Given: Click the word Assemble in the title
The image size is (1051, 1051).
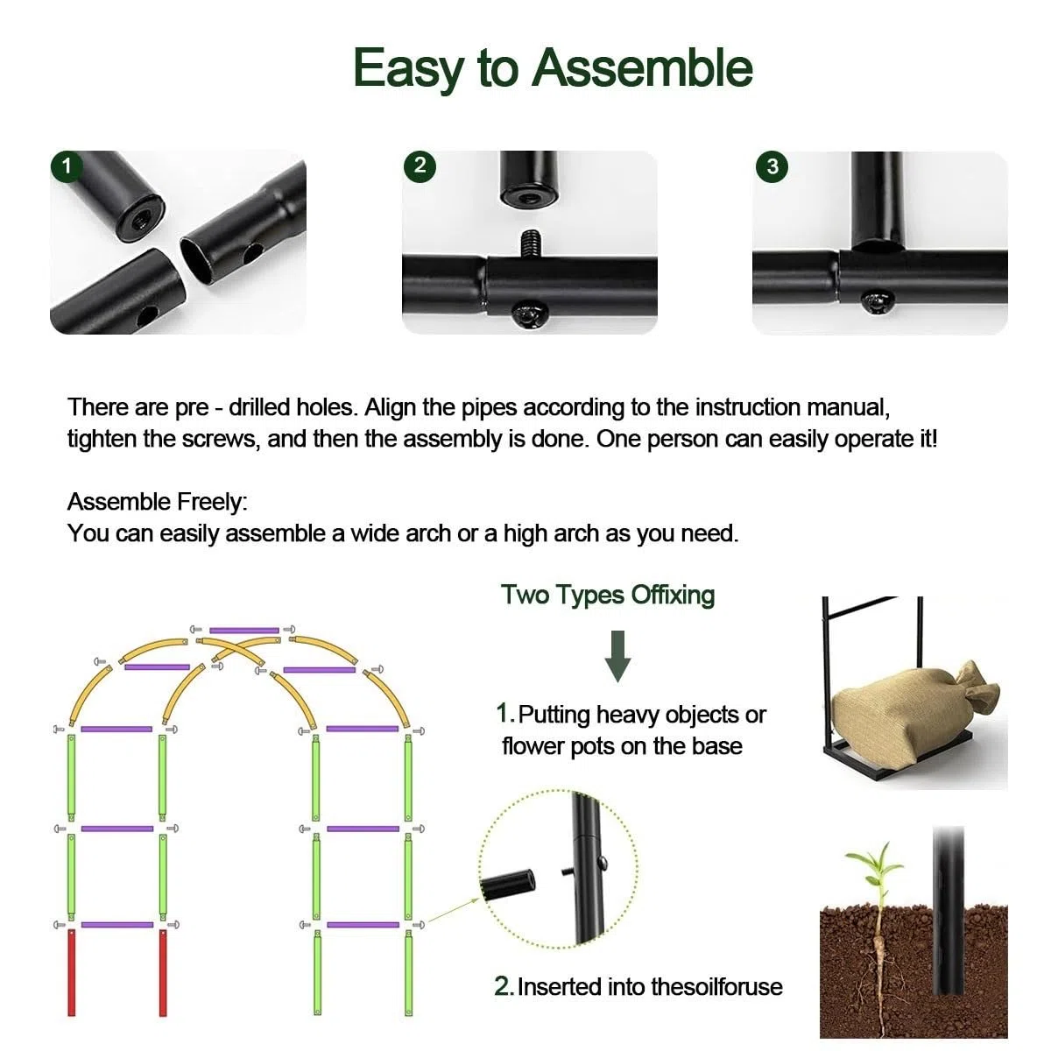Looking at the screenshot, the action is pyautogui.click(x=643, y=68).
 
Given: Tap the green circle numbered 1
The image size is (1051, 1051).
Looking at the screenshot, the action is pyautogui.click(x=67, y=166).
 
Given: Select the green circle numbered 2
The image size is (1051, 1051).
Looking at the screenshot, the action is pyautogui.click(x=420, y=166).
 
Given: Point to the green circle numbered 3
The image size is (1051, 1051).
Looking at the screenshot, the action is pyautogui.click(x=772, y=166).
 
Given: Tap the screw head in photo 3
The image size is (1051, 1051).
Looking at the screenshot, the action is pyautogui.click(x=878, y=301).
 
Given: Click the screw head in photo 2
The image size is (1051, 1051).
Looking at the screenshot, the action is pyautogui.click(x=528, y=316).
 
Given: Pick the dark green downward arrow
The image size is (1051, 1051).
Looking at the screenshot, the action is pyautogui.click(x=617, y=656).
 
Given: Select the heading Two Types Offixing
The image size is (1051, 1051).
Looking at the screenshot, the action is pyautogui.click(x=608, y=595).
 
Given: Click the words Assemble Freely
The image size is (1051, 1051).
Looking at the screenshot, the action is pyautogui.click(x=157, y=502).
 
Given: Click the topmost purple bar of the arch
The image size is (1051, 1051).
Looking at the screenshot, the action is pyautogui.click(x=243, y=630).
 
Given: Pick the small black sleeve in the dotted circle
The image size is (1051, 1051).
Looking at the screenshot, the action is pyautogui.click(x=507, y=885).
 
